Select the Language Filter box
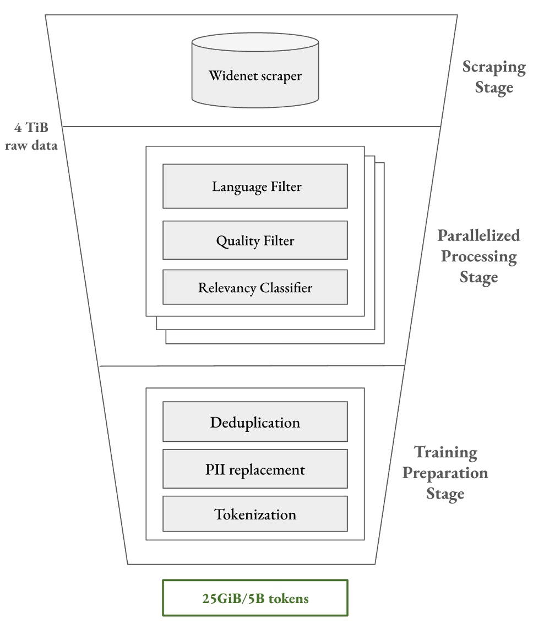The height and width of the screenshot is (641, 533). pos(255,187)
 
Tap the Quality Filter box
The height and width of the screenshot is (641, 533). pos(255,240)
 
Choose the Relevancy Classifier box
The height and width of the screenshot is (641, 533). pos(255,287)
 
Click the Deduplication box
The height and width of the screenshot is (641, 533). pos(255,422)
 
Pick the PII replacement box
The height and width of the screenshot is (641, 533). pos(255,469)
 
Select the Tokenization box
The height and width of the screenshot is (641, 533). pos(255,514)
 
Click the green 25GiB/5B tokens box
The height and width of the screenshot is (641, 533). pos(255,598)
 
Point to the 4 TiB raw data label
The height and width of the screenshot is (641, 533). pos(31,137)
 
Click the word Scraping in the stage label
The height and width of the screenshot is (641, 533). pos(494,67)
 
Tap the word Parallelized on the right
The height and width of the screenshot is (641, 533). pos(478,235)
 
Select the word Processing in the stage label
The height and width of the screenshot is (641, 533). pos(479,256)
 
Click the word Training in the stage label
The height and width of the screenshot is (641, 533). pos(445,452)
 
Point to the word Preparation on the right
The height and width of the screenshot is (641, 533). pos(445,473)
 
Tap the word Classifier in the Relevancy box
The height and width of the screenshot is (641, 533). pos(286,287)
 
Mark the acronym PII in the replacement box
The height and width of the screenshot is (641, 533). pos(215,469)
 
